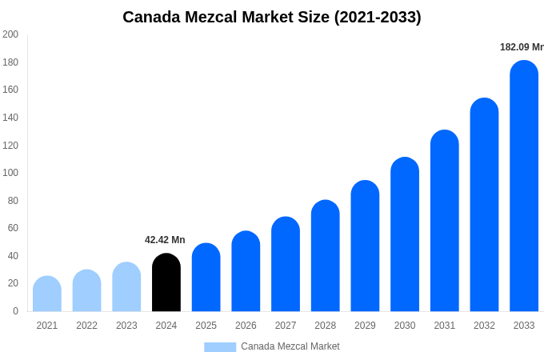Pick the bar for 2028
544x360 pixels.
tap(326, 256)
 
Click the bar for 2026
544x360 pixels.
tap(246, 271)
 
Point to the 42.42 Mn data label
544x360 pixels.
tap(165, 240)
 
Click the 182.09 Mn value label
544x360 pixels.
tap(521, 47)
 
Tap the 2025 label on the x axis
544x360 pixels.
tap(206, 326)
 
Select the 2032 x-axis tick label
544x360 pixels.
tap(484, 326)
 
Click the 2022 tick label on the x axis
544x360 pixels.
tap(86, 326)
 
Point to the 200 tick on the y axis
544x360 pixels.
tap(10, 34)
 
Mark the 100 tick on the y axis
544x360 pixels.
tap(10, 173)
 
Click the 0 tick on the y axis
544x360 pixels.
tap(15, 311)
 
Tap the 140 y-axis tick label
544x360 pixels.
tap(10, 118)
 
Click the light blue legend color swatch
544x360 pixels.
tap(220, 347)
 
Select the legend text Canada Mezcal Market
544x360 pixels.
tap(290, 346)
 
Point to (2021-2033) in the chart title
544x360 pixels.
tap(378, 17)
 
